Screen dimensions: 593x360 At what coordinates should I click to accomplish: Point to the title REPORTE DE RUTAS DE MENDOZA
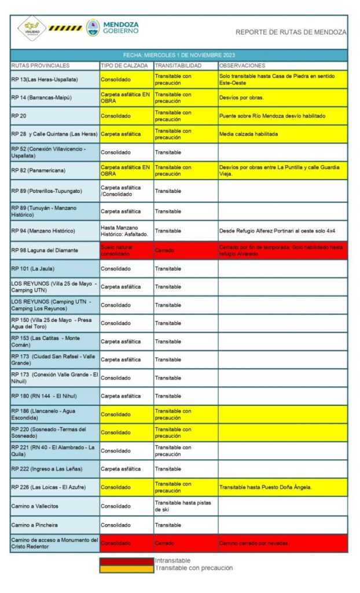click(x=291, y=32)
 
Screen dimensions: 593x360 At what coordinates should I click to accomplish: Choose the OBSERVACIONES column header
click(x=243, y=65)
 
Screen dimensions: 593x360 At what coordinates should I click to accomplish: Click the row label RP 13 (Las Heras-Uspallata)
click(x=45, y=79)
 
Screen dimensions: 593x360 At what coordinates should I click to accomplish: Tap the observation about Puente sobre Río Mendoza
click(x=272, y=116)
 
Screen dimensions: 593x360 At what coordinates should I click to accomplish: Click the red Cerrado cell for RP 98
click(x=166, y=250)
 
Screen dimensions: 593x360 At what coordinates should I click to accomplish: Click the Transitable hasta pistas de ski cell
click(x=183, y=506)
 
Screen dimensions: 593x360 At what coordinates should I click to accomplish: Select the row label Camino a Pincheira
click(x=36, y=525)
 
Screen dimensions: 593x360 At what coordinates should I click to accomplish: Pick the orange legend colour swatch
click(x=126, y=568)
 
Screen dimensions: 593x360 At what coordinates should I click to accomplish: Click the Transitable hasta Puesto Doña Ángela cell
click(x=266, y=487)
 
